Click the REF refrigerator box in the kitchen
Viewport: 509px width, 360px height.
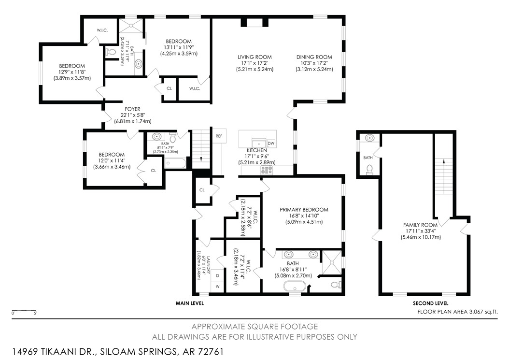[219, 136]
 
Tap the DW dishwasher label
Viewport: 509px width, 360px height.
[271, 144]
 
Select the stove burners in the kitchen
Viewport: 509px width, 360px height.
[267, 170]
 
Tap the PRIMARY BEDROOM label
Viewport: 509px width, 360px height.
[304, 210]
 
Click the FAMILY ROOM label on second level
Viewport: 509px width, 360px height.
[421, 225]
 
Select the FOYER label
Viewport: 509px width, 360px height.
[132, 109]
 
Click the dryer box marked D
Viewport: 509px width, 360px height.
[218, 275]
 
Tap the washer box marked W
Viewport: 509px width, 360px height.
[218, 286]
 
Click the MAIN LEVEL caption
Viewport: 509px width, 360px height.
[189, 303]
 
